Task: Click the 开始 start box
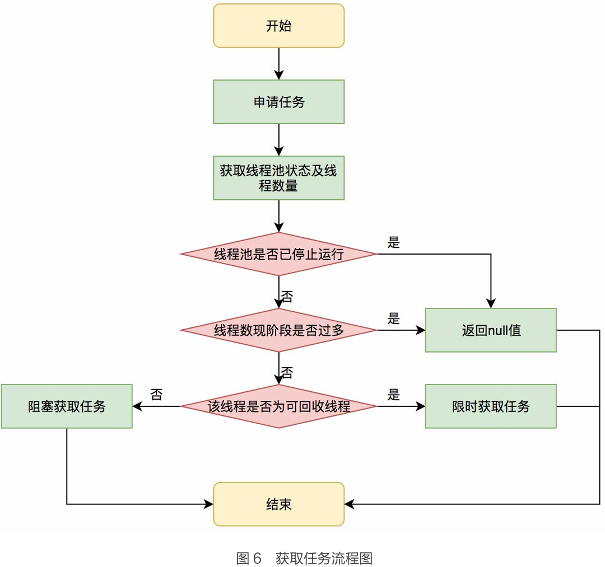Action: [278, 26]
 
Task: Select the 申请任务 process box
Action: [278, 102]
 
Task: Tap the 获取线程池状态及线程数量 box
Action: [278, 178]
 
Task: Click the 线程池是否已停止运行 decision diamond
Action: [278, 254]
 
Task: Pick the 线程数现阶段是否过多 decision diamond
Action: [278, 330]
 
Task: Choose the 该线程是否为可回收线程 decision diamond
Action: [278, 406]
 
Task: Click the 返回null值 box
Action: [491, 330]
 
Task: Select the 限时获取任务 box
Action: [491, 406]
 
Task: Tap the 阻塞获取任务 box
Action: [67, 406]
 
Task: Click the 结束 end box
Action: [278, 504]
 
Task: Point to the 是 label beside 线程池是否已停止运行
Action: [394, 243]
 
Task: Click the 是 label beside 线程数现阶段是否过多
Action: [394, 319]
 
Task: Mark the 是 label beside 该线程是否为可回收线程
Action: [394, 395]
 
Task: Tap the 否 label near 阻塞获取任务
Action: [156, 395]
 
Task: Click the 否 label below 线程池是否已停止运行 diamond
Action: [286, 296]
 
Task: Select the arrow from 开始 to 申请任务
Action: [278, 64]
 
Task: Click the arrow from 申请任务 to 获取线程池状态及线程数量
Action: [278, 140]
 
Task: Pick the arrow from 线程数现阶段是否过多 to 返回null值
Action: [401, 330]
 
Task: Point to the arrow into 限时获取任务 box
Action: [401, 406]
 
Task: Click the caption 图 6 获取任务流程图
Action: [304, 558]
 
